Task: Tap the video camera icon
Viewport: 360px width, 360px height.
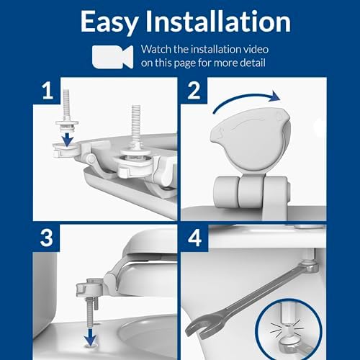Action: [113, 56]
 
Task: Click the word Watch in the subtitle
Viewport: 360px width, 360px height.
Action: [158, 50]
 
